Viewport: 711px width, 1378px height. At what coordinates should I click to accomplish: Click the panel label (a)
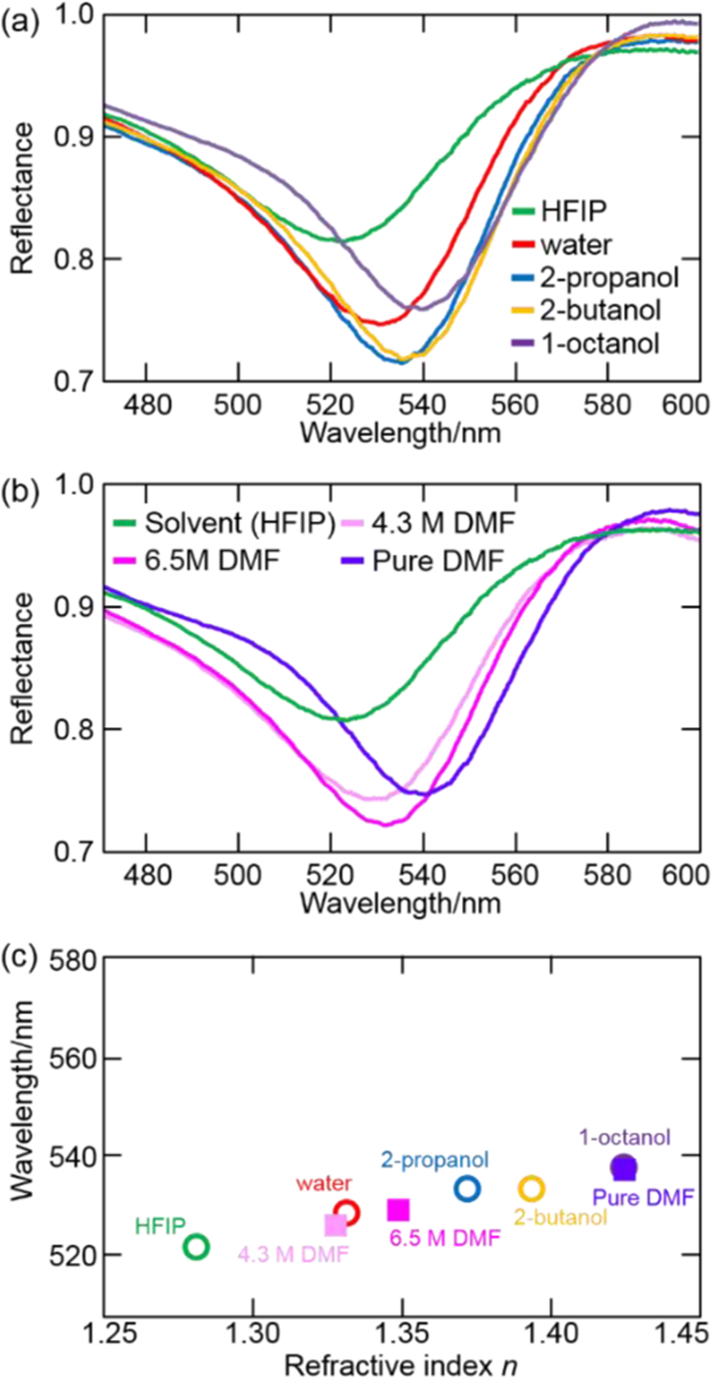(x=17, y=17)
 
